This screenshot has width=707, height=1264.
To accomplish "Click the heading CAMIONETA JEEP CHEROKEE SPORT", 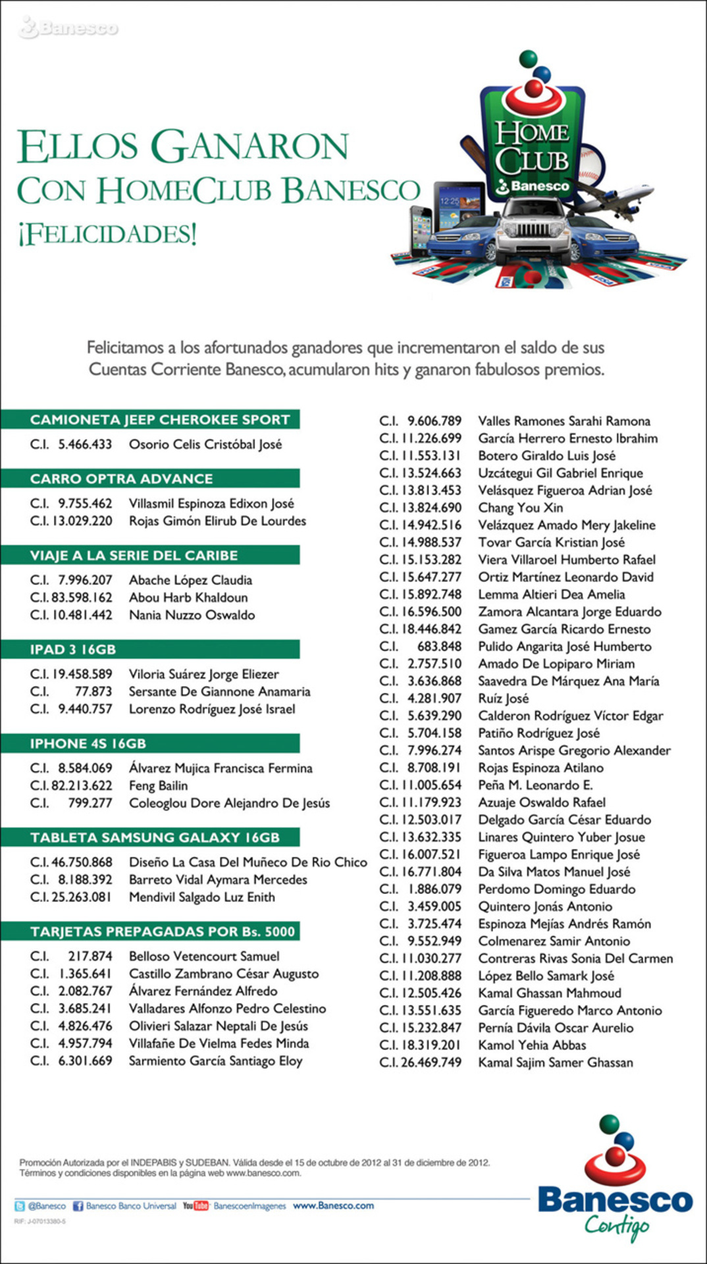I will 160,420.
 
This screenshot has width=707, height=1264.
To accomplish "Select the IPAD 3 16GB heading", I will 73,650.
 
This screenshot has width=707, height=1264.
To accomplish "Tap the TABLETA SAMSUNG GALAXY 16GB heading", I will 155,838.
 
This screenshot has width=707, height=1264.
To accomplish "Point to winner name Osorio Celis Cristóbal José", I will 205,444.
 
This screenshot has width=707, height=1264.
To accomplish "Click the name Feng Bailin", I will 158,785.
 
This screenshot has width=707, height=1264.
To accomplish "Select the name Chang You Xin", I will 520,508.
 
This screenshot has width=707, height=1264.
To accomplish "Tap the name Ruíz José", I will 503,698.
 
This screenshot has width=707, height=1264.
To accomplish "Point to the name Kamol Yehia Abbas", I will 532,1045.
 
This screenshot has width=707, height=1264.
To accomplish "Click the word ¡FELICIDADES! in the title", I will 107,234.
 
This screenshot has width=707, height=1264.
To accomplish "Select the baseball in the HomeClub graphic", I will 590,164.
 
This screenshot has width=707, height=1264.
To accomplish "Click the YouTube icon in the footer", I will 196,1205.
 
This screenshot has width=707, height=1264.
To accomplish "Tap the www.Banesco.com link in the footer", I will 333,1205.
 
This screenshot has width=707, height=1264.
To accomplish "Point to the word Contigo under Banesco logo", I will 616,1226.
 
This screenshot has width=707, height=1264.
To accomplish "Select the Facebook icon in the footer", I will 78,1206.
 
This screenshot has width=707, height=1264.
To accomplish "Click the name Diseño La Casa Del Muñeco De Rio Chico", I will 248,862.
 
